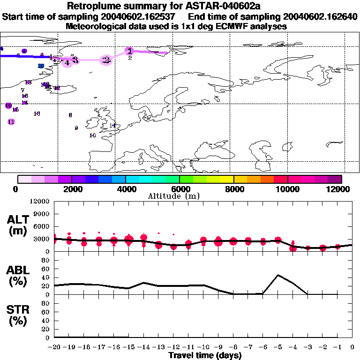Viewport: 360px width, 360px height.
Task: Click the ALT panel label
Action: point(18,225)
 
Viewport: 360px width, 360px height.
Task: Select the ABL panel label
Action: point(18,276)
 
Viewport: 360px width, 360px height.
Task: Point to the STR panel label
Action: point(18,315)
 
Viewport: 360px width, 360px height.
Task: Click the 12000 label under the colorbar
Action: point(340,189)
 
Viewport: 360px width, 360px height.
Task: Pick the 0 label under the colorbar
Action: point(16,189)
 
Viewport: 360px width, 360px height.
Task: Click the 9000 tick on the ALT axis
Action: point(42,214)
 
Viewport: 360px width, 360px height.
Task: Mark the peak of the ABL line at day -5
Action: point(278,275)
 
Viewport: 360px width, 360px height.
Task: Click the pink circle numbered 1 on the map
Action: point(129,51)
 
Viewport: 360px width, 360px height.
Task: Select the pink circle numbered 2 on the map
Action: point(106,60)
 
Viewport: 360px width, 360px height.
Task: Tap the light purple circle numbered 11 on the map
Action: point(11,122)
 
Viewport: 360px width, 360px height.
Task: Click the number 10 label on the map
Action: point(92,135)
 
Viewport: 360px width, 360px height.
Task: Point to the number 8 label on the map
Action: point(70,115)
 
